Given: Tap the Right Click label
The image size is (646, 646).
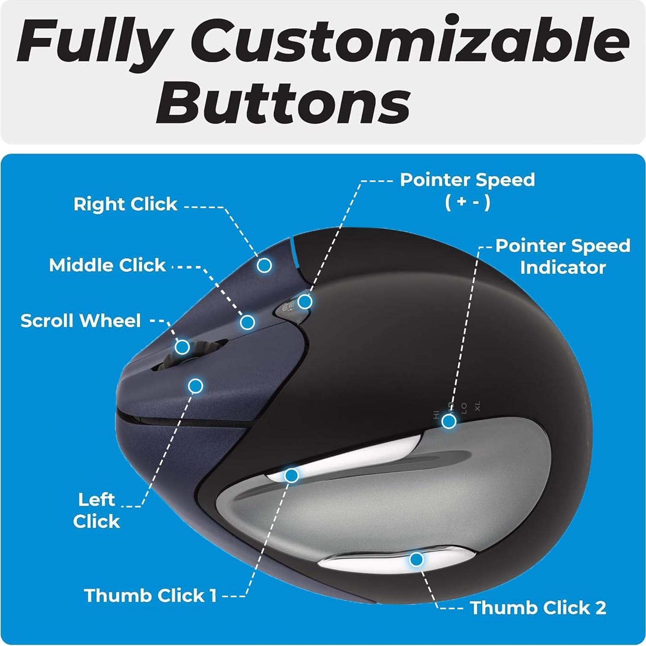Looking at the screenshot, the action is tap(125, 204).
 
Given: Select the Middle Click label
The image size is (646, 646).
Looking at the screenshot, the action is tap(107, 265).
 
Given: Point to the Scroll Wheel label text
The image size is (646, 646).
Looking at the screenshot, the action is tap(81, 321).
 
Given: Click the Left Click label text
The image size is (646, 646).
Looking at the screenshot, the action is tap(96, 511).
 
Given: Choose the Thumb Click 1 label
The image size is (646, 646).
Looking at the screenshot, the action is tap(150, 595).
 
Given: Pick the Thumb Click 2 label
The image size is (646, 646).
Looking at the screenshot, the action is tap(538, 608).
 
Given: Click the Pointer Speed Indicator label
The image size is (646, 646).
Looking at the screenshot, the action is tap(563, 256).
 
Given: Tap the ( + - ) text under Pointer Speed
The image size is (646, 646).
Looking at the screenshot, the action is tap(467, 202).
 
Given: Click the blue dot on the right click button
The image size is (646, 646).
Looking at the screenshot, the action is tap(264, 265).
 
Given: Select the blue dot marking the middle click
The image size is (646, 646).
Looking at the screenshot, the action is tap(247, 322).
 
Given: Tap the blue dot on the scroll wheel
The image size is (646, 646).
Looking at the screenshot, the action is tap(182, 347).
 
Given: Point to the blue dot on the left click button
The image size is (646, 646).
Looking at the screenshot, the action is tap(196, 385).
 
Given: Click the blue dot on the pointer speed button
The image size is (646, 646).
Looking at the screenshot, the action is tap(305, 301).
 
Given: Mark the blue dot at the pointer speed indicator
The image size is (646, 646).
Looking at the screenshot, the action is tap(449, 421).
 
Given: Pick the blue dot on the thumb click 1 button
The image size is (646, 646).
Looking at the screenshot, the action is tap(291, 476).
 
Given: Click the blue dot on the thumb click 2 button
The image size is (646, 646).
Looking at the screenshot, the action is tap(416, 560).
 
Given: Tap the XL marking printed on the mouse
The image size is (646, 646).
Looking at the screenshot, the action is tap(477, 406).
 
